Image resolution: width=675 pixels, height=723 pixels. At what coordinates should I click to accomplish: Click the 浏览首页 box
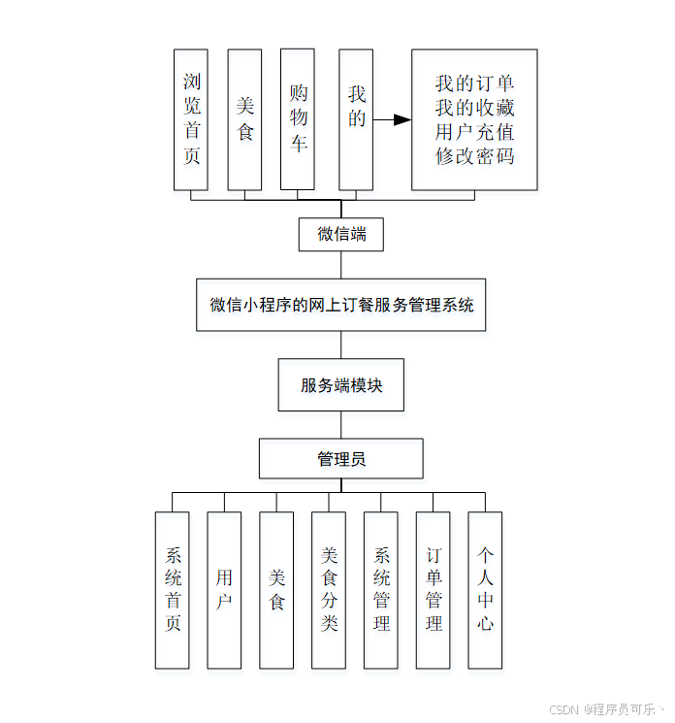[191, 119]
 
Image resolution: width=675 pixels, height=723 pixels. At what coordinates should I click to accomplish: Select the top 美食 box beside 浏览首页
[244, 119]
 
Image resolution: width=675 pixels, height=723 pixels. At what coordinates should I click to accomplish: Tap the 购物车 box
[298, 119]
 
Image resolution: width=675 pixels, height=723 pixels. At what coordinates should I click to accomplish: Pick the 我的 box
[356, 119]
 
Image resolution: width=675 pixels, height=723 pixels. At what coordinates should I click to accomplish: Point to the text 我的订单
[474, 84]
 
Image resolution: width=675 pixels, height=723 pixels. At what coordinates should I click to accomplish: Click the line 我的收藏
[474, 108]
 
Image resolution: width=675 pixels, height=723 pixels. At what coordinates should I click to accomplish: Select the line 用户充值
[474, 132]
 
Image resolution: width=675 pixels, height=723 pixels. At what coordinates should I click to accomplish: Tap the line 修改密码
[474, 155]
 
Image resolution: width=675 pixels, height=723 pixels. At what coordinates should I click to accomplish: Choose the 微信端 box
[341, 234]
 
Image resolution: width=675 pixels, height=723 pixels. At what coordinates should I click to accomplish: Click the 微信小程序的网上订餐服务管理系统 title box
[341, 304]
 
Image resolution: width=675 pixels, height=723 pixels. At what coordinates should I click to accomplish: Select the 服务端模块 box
[341, 385]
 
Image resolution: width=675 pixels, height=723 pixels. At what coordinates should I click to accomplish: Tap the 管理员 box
[341, 459]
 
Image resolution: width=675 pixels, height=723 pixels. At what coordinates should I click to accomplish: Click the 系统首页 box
[173, 590]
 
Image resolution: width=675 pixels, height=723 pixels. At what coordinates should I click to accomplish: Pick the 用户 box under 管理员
[224, 590]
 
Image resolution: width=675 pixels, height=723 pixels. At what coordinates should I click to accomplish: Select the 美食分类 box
[329, 590]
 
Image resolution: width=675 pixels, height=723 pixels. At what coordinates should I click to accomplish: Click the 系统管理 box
[381, 590]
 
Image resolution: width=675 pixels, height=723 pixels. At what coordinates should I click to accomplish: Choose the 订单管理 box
[434, 590]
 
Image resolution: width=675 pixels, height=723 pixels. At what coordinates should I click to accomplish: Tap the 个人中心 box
[486, 590]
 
